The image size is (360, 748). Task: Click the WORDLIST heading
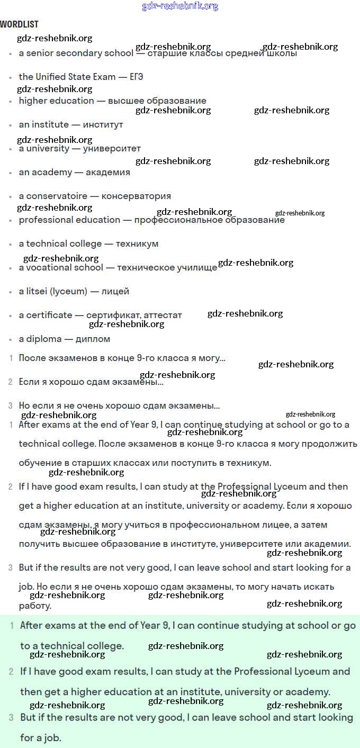point(19,24)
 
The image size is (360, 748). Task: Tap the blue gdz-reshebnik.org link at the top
point(180,6)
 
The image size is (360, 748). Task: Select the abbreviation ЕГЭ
point(137,77)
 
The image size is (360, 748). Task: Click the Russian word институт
point(103,124)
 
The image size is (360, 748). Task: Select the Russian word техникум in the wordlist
point(137,244)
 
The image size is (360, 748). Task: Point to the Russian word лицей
point(115,291)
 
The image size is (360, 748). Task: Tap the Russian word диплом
point(93,339)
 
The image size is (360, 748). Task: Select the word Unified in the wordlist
point(51,77)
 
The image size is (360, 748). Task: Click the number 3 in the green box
point(11,718)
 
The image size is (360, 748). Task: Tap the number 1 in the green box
point(12,626)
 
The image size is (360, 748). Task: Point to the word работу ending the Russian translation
point(35,606)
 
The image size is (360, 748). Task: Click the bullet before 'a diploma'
point(11,339)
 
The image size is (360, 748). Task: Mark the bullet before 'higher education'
point(11,101)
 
